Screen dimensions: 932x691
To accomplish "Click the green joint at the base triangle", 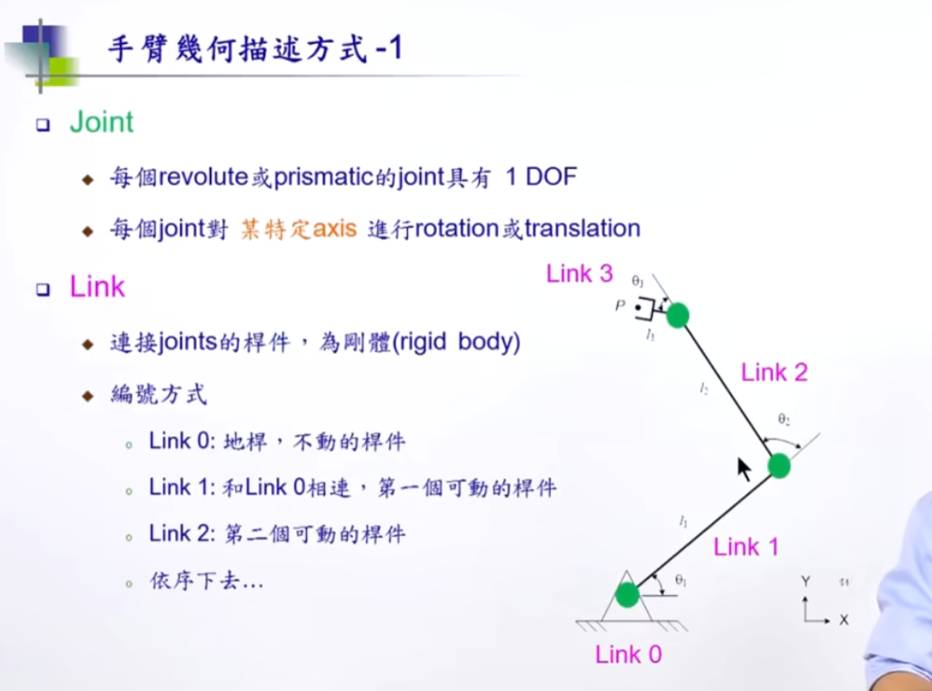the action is tap(626, 594).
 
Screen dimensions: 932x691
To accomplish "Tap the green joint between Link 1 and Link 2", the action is tap(779, 466).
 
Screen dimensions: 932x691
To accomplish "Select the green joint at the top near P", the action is tap(678, 315).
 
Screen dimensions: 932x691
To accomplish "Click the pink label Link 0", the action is tap(628, 655).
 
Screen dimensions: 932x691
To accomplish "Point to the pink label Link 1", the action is tap(746, 547).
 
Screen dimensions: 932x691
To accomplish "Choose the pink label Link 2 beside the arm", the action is tap(774, 372).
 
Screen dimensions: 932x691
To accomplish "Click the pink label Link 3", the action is tap(579, 275).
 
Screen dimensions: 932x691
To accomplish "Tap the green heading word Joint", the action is tap(101, 123).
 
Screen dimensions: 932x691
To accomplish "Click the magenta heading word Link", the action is tap(97, 287).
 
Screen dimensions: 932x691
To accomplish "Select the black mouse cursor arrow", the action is tap(744, 468).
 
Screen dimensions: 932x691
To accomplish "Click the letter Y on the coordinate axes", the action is tap(806, 582).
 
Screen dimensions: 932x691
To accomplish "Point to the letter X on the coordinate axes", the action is tap(843, 620).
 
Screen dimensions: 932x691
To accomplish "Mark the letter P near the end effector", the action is tap(619, 307).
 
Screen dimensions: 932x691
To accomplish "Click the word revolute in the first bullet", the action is tap(202, 178).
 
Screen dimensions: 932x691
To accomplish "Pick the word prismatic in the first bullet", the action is tap(324, 178).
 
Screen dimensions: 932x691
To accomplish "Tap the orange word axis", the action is tap(335, 229).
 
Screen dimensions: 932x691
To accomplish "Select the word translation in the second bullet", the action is tap(582, 229).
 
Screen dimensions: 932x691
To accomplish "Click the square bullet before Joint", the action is tap(42, 125).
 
